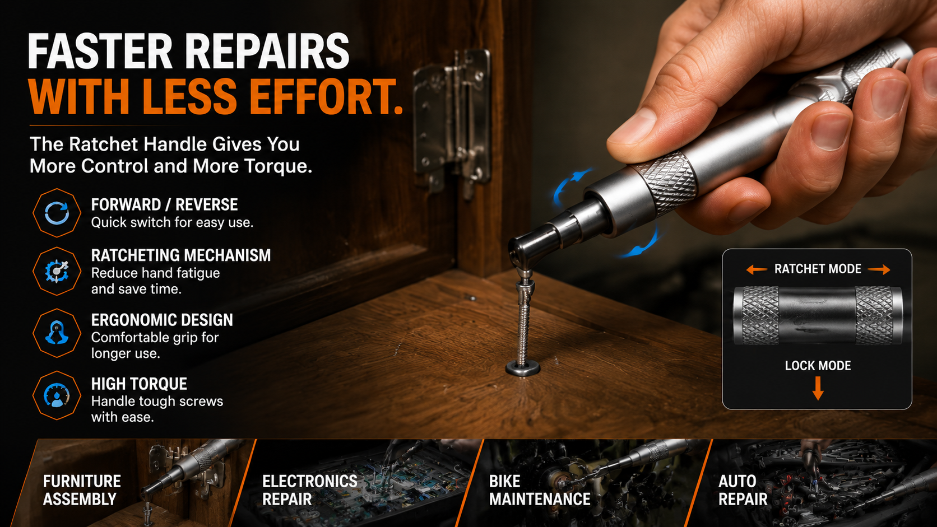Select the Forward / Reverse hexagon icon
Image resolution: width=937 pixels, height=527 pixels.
(x=57, y=213)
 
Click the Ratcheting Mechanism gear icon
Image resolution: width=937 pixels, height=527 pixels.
(x=57, y=271)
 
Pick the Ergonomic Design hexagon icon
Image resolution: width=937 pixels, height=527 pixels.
(x=57, y=333)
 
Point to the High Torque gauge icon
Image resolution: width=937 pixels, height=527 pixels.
(x=57, y=395)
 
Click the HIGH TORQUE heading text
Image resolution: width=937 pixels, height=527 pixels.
(x=139, y=384)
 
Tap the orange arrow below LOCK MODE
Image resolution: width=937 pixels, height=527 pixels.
(x=818, y=388)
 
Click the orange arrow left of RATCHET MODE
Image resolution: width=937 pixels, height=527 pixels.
(x=757, y=269)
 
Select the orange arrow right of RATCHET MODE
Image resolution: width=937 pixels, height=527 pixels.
(x=879, y=269)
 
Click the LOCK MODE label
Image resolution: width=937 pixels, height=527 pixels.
(x=818, y=366)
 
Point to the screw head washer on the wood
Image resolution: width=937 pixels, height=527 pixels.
(x=523, y=368)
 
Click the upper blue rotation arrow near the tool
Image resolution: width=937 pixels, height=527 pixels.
(x=571, y=186)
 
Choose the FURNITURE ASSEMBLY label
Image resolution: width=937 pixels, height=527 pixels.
(x=82, y=490)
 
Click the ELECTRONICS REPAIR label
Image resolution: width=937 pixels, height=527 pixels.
(x=309, y=490)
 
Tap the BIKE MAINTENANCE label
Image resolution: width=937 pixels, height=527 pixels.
(x=540, y=490)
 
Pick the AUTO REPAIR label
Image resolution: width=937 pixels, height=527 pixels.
(x=743, y=490)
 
